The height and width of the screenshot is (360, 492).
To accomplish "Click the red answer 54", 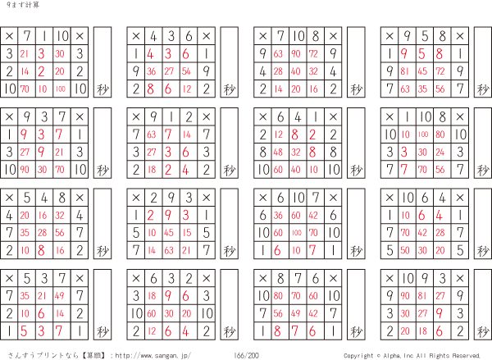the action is click(x=186, y=71).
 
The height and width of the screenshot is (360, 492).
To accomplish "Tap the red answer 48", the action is click(x=278, y=153).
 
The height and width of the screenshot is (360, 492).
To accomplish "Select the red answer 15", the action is click(x=187, y=233).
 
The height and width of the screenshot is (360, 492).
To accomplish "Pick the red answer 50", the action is click(x=405, y=250).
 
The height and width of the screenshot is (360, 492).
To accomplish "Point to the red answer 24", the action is click(x=440, y=153).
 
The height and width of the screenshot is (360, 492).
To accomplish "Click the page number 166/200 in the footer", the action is click(x=246, y=355).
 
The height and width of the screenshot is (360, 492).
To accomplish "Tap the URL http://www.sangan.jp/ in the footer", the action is click(x=153, y=356).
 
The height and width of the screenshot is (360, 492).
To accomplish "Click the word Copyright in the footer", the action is click(x=358, y=356).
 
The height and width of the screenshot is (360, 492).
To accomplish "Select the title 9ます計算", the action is click(x=23, y=5).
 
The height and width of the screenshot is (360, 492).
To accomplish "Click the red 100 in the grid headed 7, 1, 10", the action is click(x=60, y=89).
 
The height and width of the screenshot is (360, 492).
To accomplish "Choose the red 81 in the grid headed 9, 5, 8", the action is click(x=405, y=71).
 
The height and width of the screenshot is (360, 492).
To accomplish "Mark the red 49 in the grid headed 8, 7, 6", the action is click(x=295, y=313).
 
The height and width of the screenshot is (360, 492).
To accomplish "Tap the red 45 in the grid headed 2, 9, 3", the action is click(x=169, y=233).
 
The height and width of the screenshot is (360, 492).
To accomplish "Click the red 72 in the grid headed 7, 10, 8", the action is click(x=313, y=53).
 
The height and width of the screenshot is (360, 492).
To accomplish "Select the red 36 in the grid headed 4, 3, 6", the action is click(x=151, y=71).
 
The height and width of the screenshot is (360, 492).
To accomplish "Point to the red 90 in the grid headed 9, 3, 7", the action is click(x=25, y=170).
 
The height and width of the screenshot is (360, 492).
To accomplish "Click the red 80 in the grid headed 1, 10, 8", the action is click(x=440, y=134).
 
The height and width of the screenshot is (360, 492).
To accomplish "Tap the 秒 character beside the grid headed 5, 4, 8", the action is click(x=102, y=250).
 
